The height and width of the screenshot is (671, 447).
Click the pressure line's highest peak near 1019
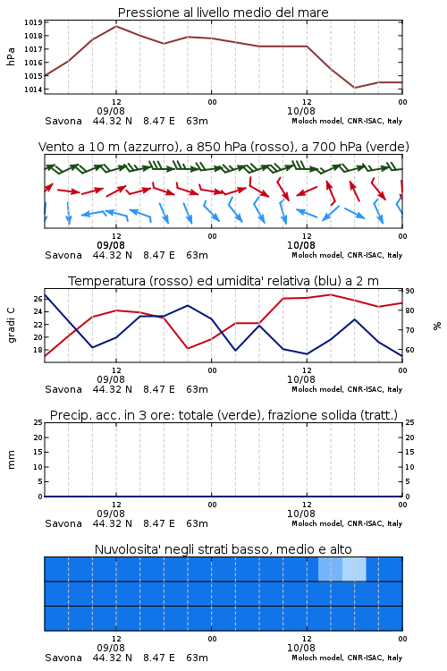(x=116, y=26)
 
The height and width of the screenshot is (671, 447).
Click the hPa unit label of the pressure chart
(x=11, y=56)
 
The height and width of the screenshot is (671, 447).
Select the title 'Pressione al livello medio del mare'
(x=223, y=13)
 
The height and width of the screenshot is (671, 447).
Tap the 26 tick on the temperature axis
(x=38, y=299)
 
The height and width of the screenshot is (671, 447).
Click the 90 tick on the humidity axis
(x=409, y=291)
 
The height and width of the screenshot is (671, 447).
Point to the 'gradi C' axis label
(x=11, y=326)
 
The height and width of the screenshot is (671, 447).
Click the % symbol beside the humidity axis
(x=437, y=326)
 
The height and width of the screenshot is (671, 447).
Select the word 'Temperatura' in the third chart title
(x=107, y=281)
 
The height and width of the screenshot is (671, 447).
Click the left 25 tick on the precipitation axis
(x=38, y=422)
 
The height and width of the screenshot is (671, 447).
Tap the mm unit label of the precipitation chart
(x=11, y=460)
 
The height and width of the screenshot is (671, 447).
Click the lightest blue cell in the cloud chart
(x=354, y=569)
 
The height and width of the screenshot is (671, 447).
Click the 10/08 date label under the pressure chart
(x=301, y=111)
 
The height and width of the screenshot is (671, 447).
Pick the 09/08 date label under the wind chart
(x=111, y=246)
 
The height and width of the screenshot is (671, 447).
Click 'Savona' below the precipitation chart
(x=63, y=523)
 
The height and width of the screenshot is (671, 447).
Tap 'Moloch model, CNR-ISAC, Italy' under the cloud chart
(x=347, y=658)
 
